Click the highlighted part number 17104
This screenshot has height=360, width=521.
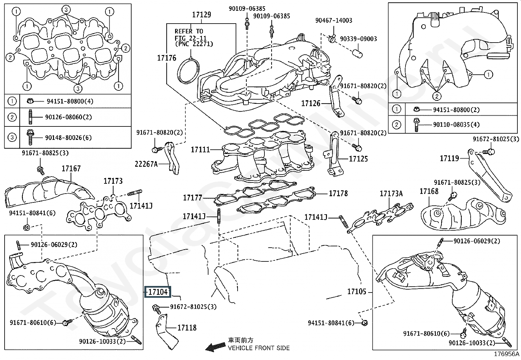pyautogui.click(x=158, y=292)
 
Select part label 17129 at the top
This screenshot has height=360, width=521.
pyautogui.click(x=201, y=15)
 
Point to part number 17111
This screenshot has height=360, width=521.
pyautogui.click(x=200, y=150)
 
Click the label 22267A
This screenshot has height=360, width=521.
pyautogui.click(x=146, y=164)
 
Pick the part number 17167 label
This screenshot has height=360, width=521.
pyautogui.click(x=71, y=169)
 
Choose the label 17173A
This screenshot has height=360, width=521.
pyautogui.click(x=391, y=194)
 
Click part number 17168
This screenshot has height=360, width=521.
pyautogui.click(x=429, y=191)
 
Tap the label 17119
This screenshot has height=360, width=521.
pyautogui.click(x=449, y=159)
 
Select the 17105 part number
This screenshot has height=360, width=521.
pyautogui.click(x=357, y=291)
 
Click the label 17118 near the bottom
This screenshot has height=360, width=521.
pyautogui.click(x=187, y=328)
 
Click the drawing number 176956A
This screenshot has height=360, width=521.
pyautogui.click(x=507, y=354)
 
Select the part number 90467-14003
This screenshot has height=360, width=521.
pyautogui.click(x=334, y=21)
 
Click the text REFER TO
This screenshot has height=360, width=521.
pyautogui.click(x=189, y=31)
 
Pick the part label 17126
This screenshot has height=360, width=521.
pyautogui.click(x=311, y=104)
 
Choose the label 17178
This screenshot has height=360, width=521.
pyautogui.click(x=338, y=194)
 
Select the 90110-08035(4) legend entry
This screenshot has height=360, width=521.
pyautogui.click(x=456, y=125)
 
